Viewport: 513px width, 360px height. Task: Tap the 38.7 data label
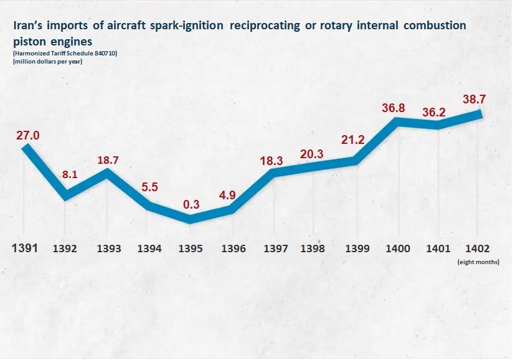click(x=475, y=98)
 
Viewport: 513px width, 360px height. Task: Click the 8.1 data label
click(x=69, y=175)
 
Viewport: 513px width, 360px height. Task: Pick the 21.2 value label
click(x=352, y=140)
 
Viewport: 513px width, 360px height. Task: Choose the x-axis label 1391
click(x=26, y=248)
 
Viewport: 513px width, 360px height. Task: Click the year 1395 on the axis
click(x=190, y=249)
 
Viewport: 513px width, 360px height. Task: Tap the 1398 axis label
click(x=312, y=249)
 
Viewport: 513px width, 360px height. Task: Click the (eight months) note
click(x=478, y=262)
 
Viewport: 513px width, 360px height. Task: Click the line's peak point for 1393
click(x=108, y=171)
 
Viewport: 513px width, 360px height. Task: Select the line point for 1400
click(x=397, y=121)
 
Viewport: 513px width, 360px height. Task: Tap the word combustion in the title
click(x=429, y=27)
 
